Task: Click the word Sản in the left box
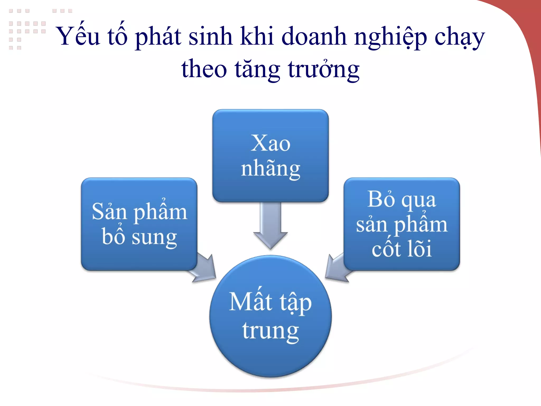(x=109, y=211)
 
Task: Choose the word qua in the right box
(x=418, y=201)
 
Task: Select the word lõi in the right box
(x=419, y=248)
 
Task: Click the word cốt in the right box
(x=386, y=248)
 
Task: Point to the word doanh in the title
(x=314, y=36)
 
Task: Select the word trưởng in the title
(x=324, y=69)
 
